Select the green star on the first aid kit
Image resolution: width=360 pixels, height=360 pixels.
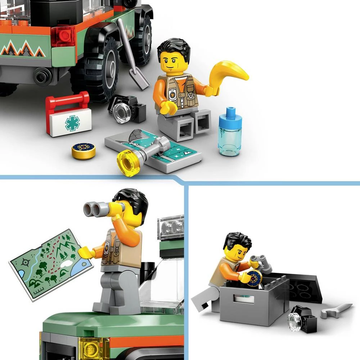click(72, 123)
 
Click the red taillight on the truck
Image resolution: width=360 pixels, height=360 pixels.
click(63, 36)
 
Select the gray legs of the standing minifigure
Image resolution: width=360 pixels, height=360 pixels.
click(115, 288)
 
